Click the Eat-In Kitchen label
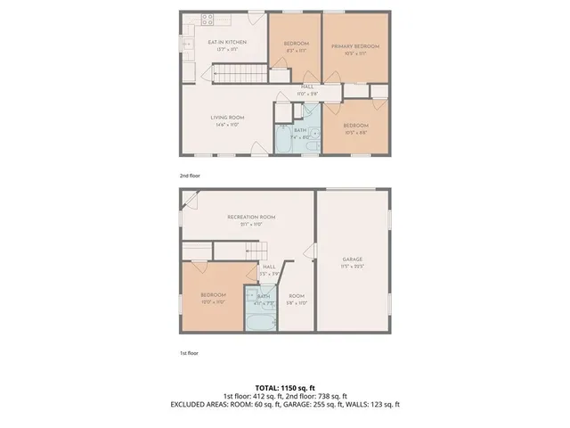[226, 42]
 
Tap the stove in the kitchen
[208, 19]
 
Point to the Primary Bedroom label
[355, 45]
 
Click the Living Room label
[227, 118]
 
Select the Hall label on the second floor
[306, 86]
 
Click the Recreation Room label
[251, 217]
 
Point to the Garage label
[354, 259]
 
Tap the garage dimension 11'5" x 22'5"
[354, 267]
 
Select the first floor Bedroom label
[213, 295]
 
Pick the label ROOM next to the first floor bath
[297, 296]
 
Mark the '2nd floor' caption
[190, 176]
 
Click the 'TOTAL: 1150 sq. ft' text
[285, 388]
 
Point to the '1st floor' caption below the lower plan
[189, 353]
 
